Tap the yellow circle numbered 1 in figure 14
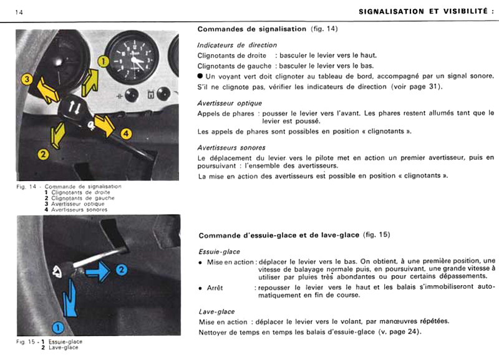[103, 61]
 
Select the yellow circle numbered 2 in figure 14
[43, 153]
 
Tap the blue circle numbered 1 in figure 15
[57, 326]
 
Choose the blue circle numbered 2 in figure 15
[122, 270]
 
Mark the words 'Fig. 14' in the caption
[26, 187]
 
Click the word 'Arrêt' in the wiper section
[215, 288]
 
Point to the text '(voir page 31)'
[415, 86]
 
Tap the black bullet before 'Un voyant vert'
[200, 75]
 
